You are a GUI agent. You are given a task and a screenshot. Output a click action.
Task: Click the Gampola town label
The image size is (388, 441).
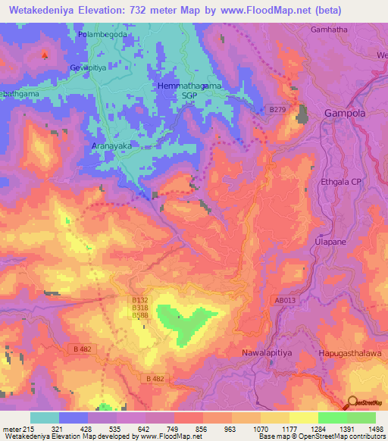tap(345, 113)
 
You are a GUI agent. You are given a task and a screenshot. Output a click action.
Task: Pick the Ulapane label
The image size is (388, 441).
tap(330, 241)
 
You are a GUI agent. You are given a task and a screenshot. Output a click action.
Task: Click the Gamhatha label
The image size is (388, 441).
tap(329, 30)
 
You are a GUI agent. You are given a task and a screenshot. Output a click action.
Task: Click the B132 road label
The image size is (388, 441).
tap(139, 301)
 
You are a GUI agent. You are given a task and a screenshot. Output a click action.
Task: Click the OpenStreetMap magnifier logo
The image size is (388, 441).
tap(352, 402)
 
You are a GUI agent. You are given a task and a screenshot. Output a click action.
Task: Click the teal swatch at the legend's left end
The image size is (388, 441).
tap(45, 418)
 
